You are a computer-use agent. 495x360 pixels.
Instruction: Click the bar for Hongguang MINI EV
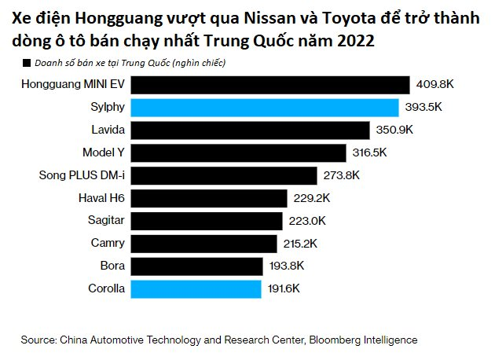tap(270, 85)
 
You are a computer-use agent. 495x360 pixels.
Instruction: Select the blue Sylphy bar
tap(265, 108)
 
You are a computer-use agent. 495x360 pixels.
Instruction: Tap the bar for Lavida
tap(250, 130)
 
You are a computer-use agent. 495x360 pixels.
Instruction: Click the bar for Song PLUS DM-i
tap(224, 175)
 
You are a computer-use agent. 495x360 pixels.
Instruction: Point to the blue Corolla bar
tap(196, 289)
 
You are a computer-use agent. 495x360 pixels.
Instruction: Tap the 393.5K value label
tap(423, 108)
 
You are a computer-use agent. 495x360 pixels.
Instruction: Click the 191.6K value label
tap(284, 289)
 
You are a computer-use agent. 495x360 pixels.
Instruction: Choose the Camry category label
tap(107, 244)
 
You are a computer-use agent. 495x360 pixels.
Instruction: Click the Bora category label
tap(112, 266)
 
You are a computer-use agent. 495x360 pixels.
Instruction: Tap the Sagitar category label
tap(105, 221)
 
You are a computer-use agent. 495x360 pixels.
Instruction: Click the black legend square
tap(26, 62)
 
